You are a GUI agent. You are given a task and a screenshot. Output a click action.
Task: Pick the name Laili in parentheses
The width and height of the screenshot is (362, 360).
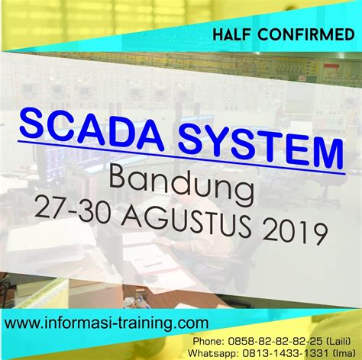pos(338,334)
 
